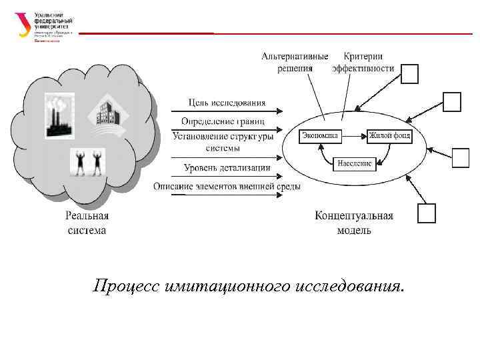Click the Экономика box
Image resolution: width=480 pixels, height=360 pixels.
tap(320, 136)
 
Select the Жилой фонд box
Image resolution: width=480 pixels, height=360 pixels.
tap(389, 136)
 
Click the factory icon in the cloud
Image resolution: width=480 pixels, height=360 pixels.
tap(59, 115)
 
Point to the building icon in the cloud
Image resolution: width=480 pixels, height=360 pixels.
tap(106, 112)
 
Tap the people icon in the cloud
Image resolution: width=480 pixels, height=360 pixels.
tap(88, 162)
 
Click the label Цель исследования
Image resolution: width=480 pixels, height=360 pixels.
tap(227, 103)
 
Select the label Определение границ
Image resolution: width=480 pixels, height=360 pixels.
tap(223, 121)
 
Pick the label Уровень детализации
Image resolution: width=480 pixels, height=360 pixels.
tap(227, 168)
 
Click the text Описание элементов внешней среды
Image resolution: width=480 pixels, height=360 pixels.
tap(227, 186)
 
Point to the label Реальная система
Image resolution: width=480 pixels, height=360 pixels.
tap(87, 223)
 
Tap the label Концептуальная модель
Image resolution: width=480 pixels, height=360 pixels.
tap(354, 223)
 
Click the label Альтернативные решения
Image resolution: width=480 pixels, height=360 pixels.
tap(295, 62)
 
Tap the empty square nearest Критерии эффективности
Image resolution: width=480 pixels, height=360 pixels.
tap(409, 74)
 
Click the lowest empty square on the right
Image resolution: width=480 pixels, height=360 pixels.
tap(426, 213)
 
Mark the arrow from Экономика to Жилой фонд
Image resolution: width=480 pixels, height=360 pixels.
tap(353, 136)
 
